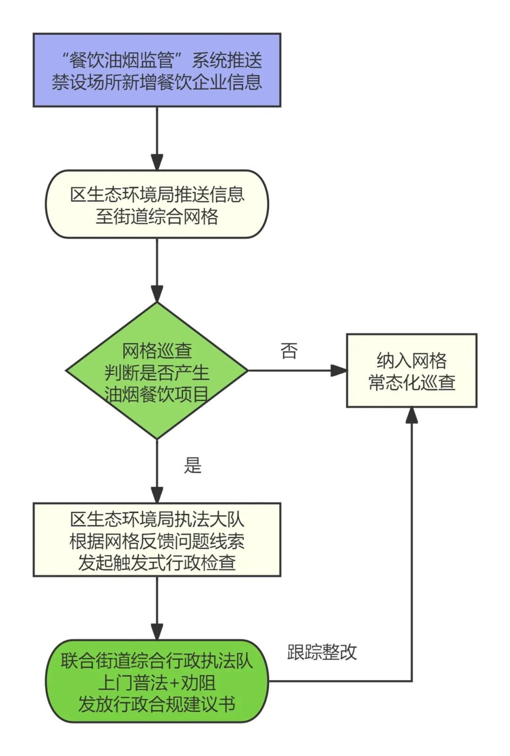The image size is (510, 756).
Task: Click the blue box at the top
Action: point(157,70)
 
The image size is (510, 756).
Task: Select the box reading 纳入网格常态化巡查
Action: point(412,371)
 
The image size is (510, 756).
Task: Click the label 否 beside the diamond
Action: point(289,351)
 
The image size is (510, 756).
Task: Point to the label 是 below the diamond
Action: point(193,466)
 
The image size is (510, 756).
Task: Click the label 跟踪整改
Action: point(322,652)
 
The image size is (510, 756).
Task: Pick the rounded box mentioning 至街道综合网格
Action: point(157,204)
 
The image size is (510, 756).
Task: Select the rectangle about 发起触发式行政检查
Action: point(157,540)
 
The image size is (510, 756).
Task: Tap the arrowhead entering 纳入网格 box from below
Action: point(412,415)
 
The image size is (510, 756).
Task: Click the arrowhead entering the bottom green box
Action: point(157,631)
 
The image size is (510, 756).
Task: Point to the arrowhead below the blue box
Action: point(157,161)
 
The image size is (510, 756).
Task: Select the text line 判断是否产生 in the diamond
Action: point(157,373)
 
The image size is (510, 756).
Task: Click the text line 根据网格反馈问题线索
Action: point(157,541)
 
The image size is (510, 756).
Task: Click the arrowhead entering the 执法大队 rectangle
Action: point(157,494)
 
